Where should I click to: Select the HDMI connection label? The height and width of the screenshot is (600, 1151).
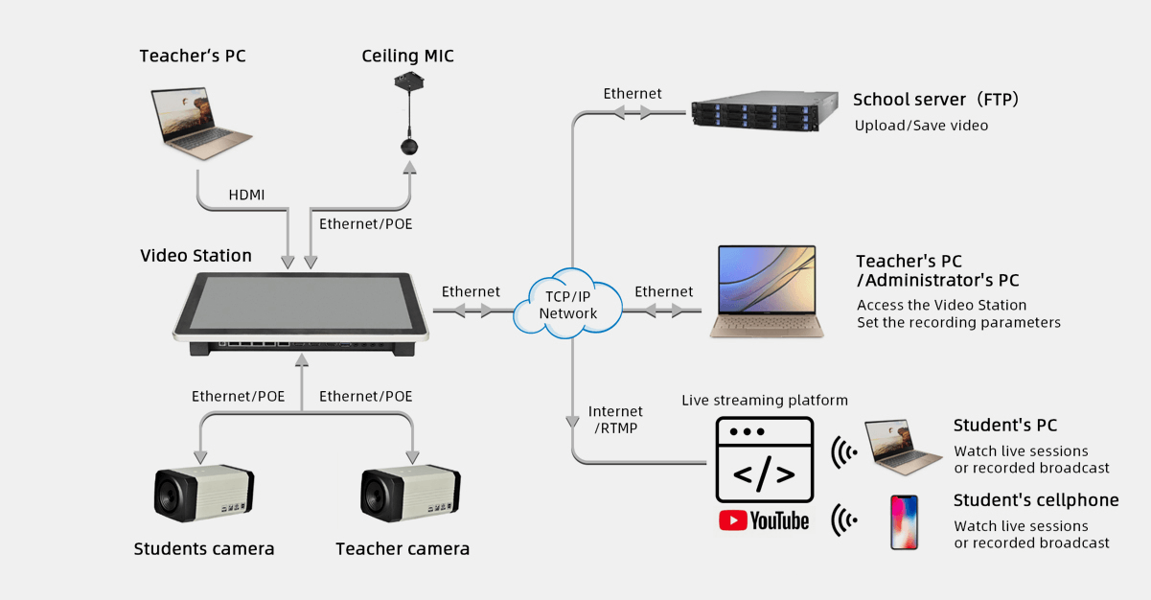click(246, 195)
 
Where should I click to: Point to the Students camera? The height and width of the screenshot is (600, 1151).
click(204, 495)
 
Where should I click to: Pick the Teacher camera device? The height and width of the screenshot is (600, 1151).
click(410, 495)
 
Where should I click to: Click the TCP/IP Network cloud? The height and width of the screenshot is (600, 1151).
click(568, 305)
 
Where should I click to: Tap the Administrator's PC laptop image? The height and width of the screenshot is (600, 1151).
click(767, 292)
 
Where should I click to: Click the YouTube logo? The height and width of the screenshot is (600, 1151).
click(764, 520)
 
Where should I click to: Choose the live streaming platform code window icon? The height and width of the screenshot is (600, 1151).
click(764, 460)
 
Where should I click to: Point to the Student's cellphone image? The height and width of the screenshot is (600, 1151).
click(904, 522)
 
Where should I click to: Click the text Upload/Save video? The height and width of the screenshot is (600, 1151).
click(921, 126)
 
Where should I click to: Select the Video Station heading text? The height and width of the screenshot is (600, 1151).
click(196, 256)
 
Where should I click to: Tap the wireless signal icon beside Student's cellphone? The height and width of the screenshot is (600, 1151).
click(844, 521)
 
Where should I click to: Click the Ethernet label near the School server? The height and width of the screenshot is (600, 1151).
click(633, 93)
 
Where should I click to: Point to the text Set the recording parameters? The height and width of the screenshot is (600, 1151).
click(958, 323)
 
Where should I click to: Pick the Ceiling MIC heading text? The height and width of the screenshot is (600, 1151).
click(407, 57)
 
